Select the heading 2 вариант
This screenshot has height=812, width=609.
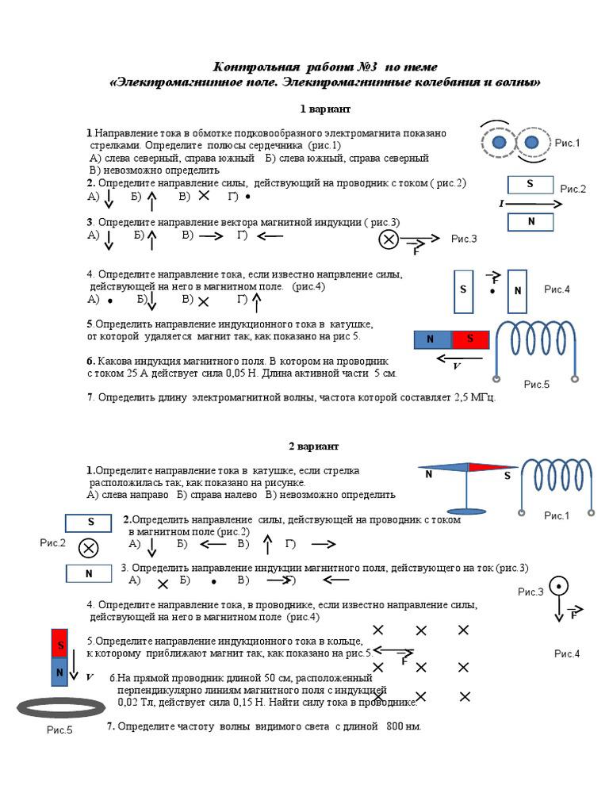point(313,446)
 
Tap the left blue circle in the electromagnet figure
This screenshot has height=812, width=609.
point(499,143)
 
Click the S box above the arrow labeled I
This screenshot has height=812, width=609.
point(530,185)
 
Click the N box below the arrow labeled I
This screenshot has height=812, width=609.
point(530,222)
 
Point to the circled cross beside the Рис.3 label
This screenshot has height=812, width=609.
point(389,239)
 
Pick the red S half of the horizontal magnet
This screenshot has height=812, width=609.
point(469,339)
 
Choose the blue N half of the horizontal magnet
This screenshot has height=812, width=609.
point(433,339)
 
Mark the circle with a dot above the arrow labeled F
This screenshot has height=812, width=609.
point(559,587)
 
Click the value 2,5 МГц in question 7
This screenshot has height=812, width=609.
point(473,397)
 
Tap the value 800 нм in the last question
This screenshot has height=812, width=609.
point(403,726)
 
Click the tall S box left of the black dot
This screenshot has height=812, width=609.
point(463,291)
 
